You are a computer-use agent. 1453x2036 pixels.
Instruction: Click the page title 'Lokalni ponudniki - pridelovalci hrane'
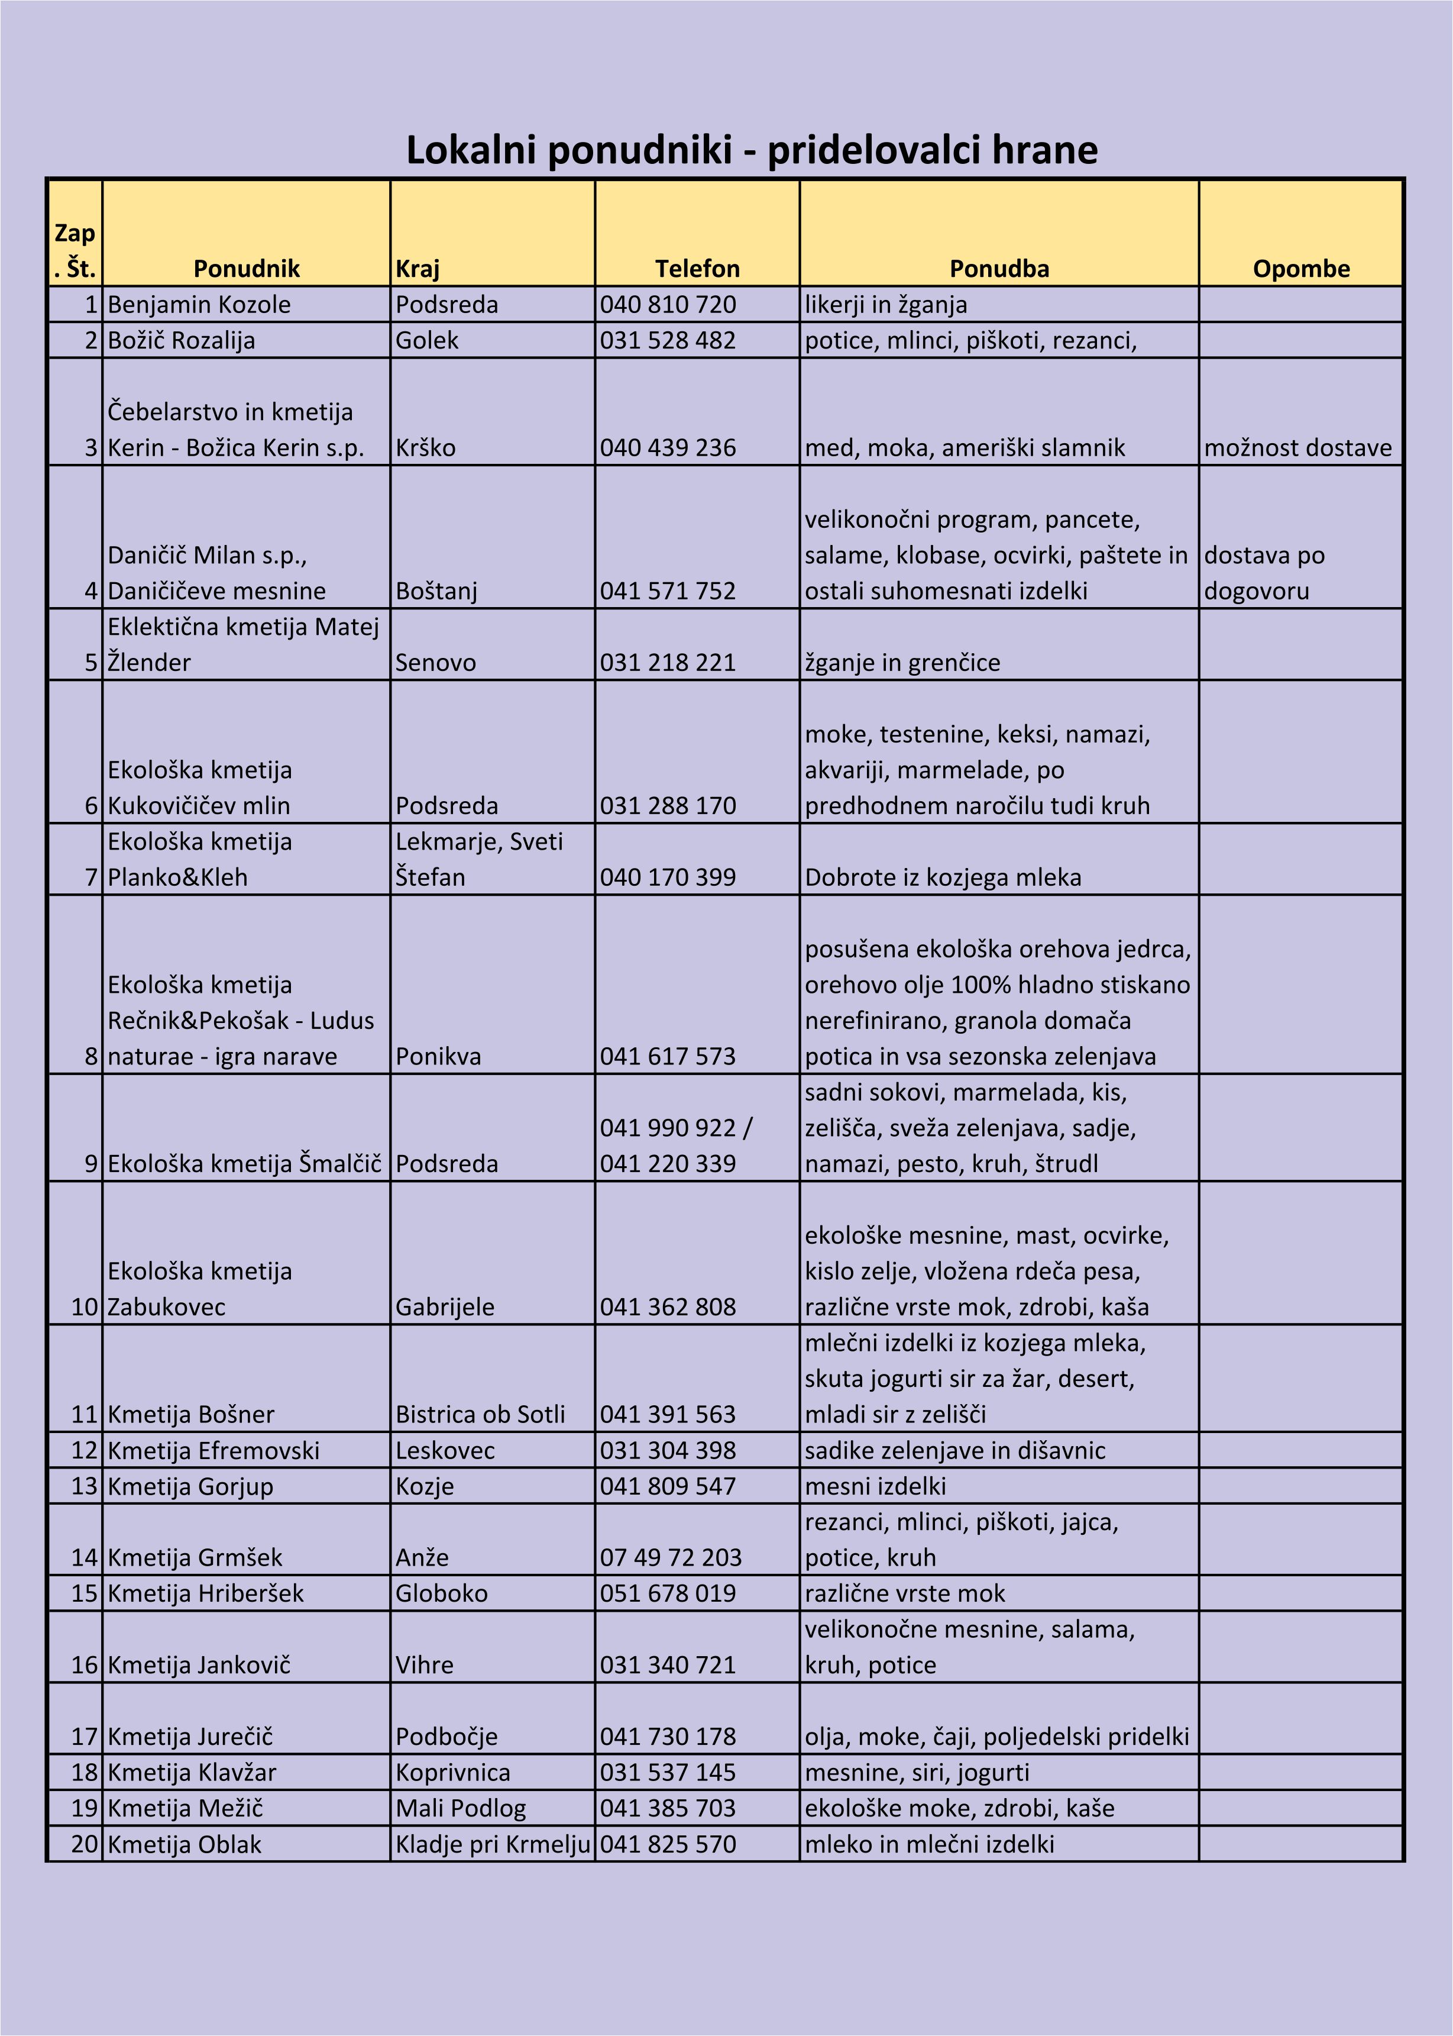[x=752, y=150]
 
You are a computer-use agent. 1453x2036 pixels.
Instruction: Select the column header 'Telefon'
[x=697, y=269]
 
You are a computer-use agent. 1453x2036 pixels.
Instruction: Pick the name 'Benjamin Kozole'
[x=199, y=304]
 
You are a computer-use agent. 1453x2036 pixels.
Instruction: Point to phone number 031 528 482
[x=668, y=340]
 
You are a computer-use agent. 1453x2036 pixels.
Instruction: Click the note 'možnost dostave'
[x=1297, y=447]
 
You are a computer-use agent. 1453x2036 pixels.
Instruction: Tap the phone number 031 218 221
[x=668, y=662]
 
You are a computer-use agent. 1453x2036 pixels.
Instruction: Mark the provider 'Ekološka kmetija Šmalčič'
[x=244, y=1163]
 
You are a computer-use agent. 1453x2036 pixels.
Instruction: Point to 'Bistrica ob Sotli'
[x=480, y=1414]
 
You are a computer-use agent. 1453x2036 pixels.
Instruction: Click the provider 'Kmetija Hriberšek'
[x=205, y=1593]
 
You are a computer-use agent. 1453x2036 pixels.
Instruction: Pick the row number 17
[x=84, y=1736]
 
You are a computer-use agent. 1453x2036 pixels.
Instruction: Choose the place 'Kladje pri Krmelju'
[x=492, y=1844]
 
